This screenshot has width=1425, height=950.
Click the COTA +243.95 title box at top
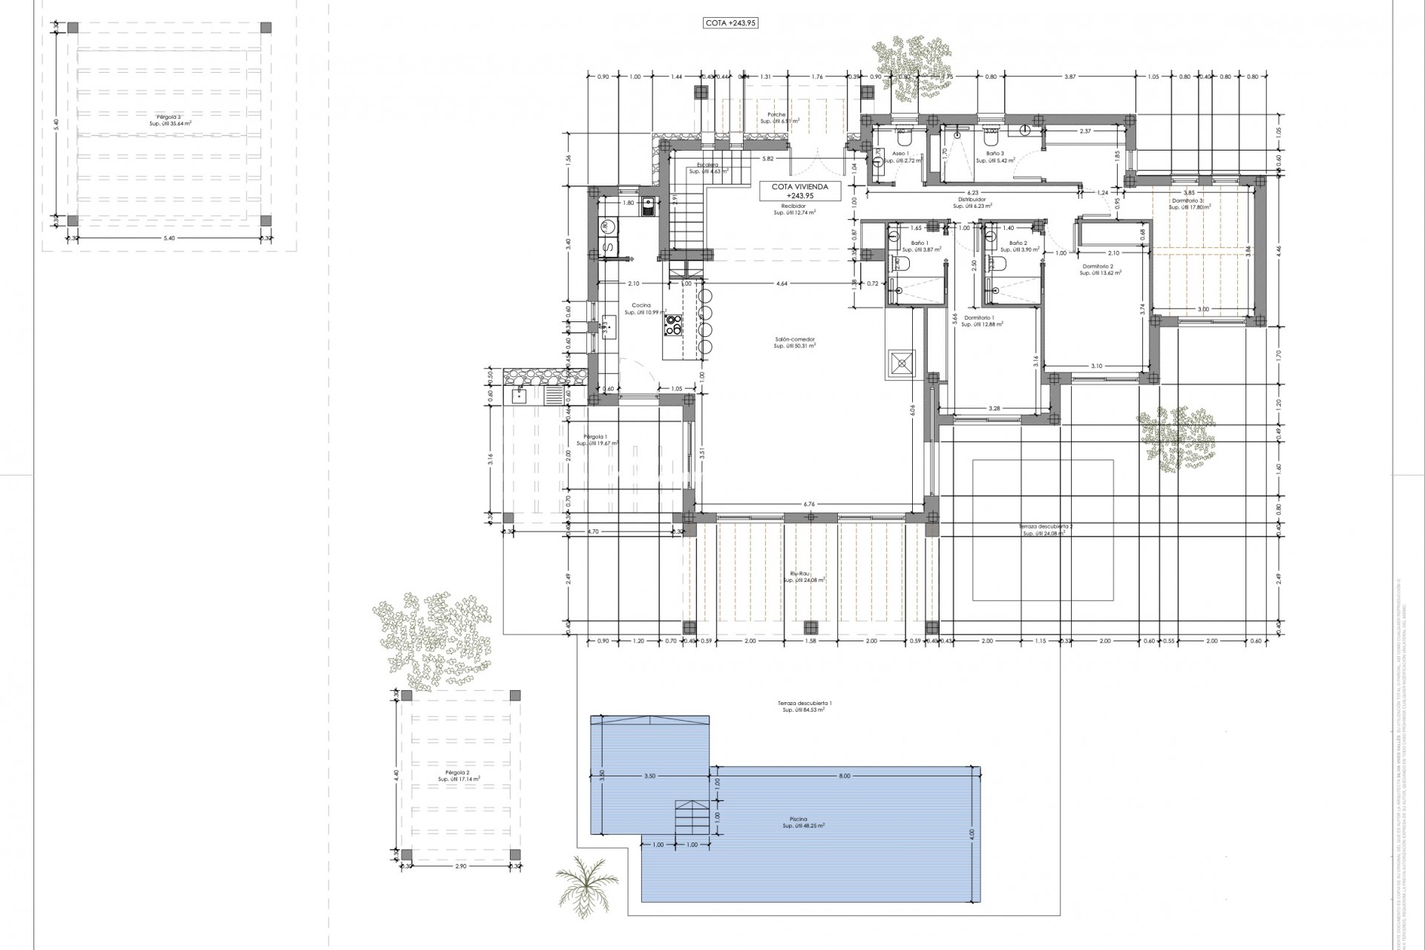[731, 23]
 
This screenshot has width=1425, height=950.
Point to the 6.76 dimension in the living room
[808, 504]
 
